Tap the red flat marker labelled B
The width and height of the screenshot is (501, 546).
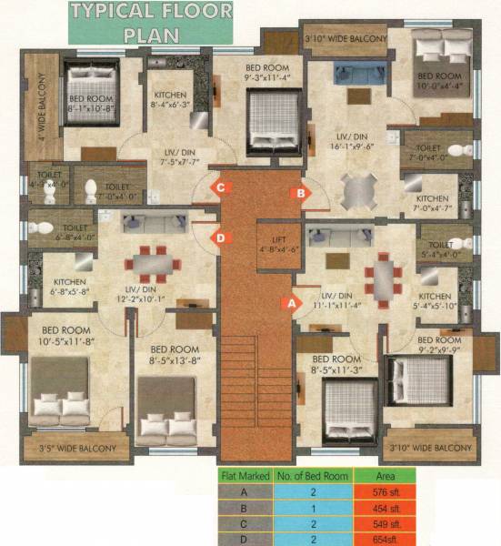tap(296, 192)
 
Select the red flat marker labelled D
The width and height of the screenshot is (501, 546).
tap(219, 238)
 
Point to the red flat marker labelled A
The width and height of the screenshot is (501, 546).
tap(291, 303)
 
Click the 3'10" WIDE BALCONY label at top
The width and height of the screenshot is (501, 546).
tap(346, 38)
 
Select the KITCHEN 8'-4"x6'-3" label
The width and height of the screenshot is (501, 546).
tap(170, 100)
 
